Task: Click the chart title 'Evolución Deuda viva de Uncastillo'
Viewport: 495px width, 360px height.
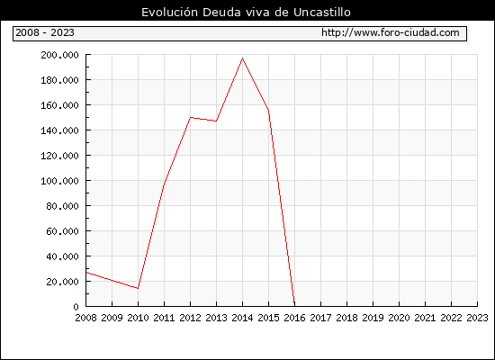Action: [x=246, y=12]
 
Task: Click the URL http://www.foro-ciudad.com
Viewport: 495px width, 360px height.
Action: [x=391, y=32]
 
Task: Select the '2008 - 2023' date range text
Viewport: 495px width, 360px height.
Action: [x=45, y=32]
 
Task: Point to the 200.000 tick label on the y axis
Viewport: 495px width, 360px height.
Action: [x=59, y=55]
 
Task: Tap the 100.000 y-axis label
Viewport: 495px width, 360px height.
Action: [x=59, y=181]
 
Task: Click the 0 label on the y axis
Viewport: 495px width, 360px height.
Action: [x=76, y=307]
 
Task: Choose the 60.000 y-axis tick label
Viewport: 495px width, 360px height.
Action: [x=62, y=231]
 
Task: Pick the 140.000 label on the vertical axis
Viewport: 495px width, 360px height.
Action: [x=59, y=130]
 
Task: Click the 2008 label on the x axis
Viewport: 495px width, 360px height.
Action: [x=85, y=318]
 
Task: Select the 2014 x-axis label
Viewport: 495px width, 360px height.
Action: [x=242, y=318]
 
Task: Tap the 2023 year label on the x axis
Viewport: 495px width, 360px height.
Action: [x=477, y=318]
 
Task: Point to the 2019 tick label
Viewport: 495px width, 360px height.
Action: [x=373, y=318]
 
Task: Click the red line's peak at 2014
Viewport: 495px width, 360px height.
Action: [x=242, y=58]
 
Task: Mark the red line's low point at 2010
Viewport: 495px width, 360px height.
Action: [x=138, y=288]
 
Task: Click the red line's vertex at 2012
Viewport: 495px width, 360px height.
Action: [x=191, y=118]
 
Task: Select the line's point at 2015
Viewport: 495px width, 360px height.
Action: [x=269, y=110]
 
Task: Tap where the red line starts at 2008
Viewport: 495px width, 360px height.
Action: [x=86, y=272]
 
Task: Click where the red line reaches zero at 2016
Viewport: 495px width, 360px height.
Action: [x=294, y=306]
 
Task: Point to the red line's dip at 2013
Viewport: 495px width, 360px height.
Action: [x=216, y=121]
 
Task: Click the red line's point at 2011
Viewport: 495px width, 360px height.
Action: [x=164, y=184]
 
